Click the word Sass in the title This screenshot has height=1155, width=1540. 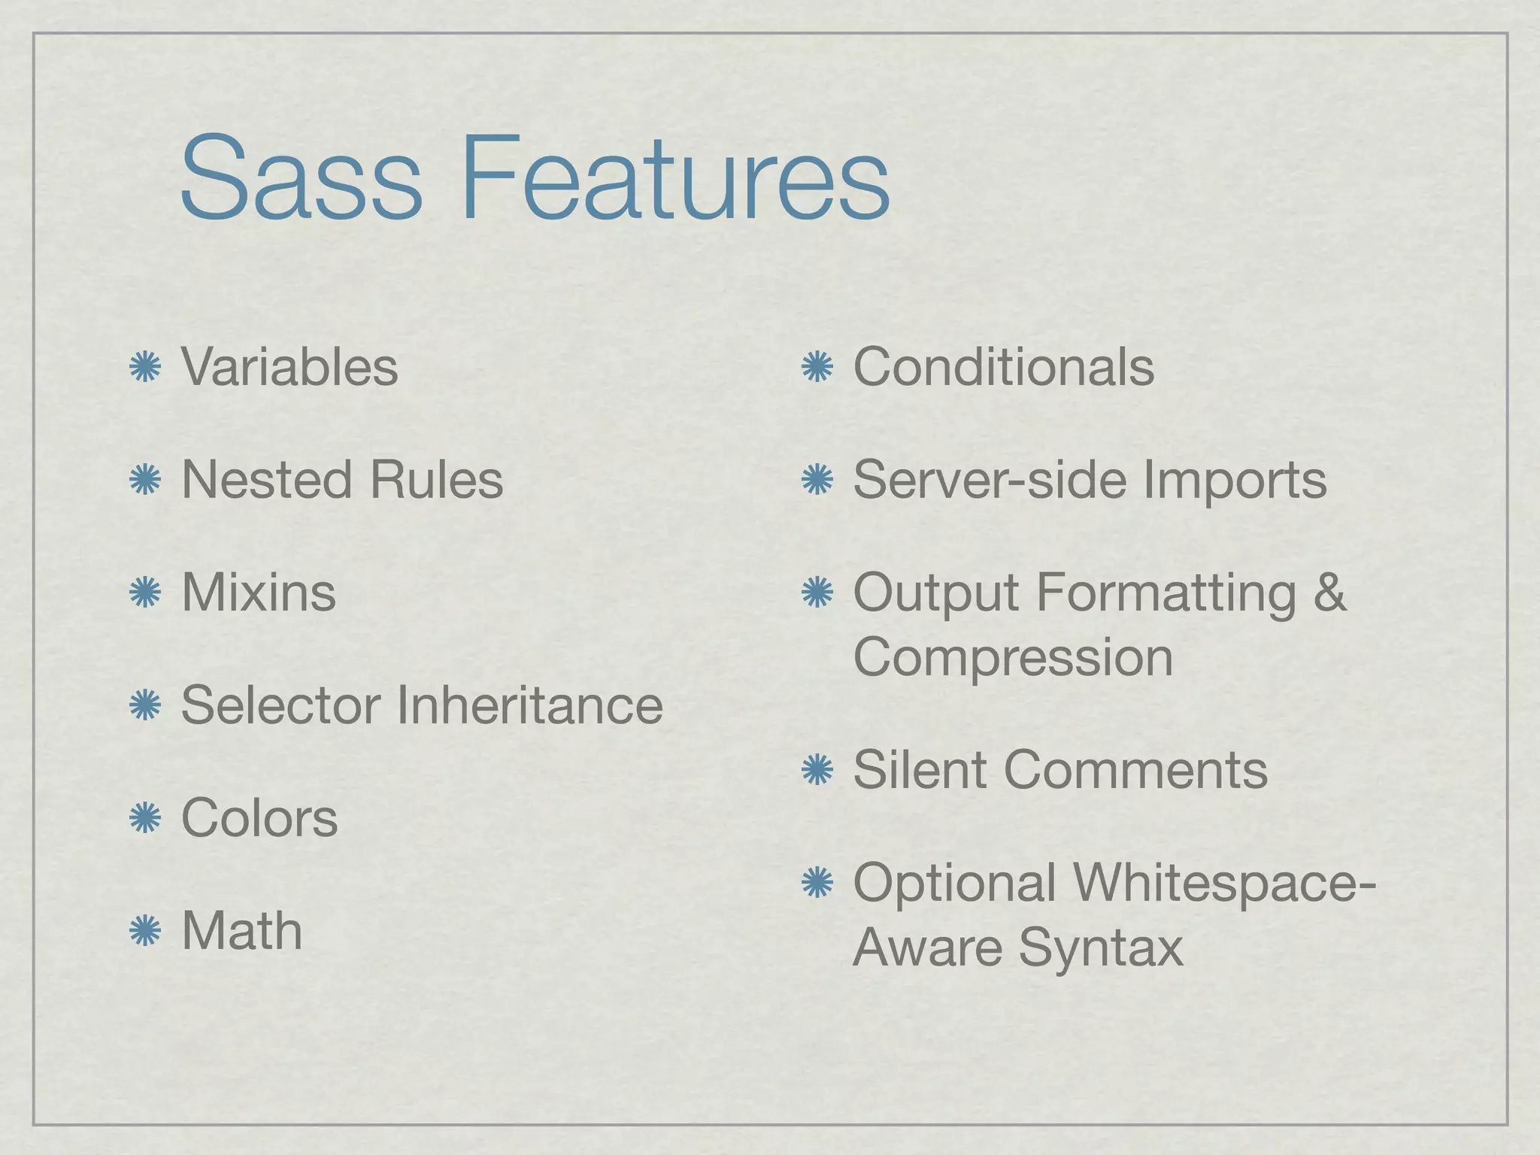301,178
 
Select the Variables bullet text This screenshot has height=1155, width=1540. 290,368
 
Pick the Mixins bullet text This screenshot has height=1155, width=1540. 259,593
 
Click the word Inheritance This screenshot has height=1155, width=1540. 529,705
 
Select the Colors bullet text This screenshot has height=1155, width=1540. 259,818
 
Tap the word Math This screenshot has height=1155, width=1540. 242,931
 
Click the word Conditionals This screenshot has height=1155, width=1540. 1003,368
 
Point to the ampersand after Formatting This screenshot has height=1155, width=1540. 1329,593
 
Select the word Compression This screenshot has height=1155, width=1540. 1013,657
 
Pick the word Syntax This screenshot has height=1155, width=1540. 1101,947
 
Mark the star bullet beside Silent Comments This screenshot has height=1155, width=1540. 817,771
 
